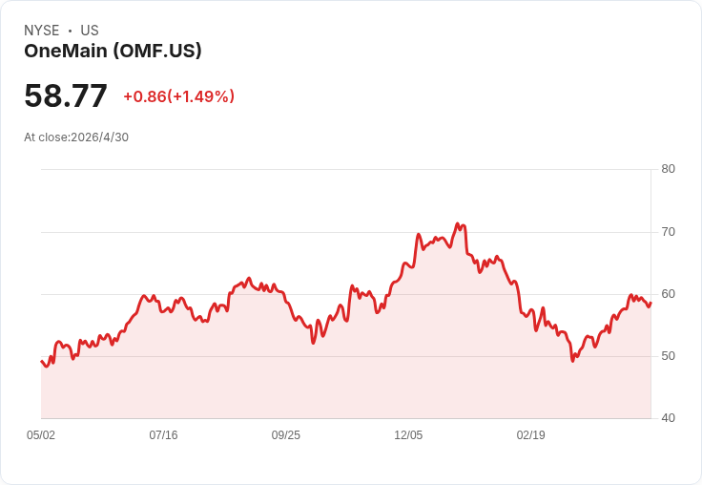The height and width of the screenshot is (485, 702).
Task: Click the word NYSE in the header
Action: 42,31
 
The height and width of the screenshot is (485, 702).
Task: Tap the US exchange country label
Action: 90,31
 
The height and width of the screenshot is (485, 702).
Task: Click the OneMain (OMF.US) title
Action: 113,51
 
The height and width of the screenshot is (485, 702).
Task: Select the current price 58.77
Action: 66,95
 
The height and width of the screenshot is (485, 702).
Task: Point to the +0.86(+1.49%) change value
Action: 179,96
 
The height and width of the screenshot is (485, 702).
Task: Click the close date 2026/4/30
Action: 100,137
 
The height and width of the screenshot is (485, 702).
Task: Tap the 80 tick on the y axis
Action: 668,169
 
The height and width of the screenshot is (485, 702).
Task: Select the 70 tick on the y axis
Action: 668,232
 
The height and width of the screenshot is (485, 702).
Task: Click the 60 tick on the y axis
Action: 668,294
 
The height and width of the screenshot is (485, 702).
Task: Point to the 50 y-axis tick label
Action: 668,356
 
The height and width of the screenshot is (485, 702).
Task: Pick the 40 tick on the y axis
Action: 668,418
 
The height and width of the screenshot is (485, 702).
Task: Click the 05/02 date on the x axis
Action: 41,435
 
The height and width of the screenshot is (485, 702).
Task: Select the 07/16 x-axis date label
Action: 163,435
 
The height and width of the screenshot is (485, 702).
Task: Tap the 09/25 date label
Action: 285,435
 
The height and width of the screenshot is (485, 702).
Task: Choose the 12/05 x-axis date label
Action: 408,435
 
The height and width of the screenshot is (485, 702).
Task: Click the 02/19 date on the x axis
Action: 531,435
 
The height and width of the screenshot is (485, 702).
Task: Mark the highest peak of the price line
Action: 458,223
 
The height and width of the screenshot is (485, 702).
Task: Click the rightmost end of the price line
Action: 650,303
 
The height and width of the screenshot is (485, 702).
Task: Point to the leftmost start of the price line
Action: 41,361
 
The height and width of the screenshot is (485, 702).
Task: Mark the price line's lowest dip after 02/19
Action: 572,361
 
